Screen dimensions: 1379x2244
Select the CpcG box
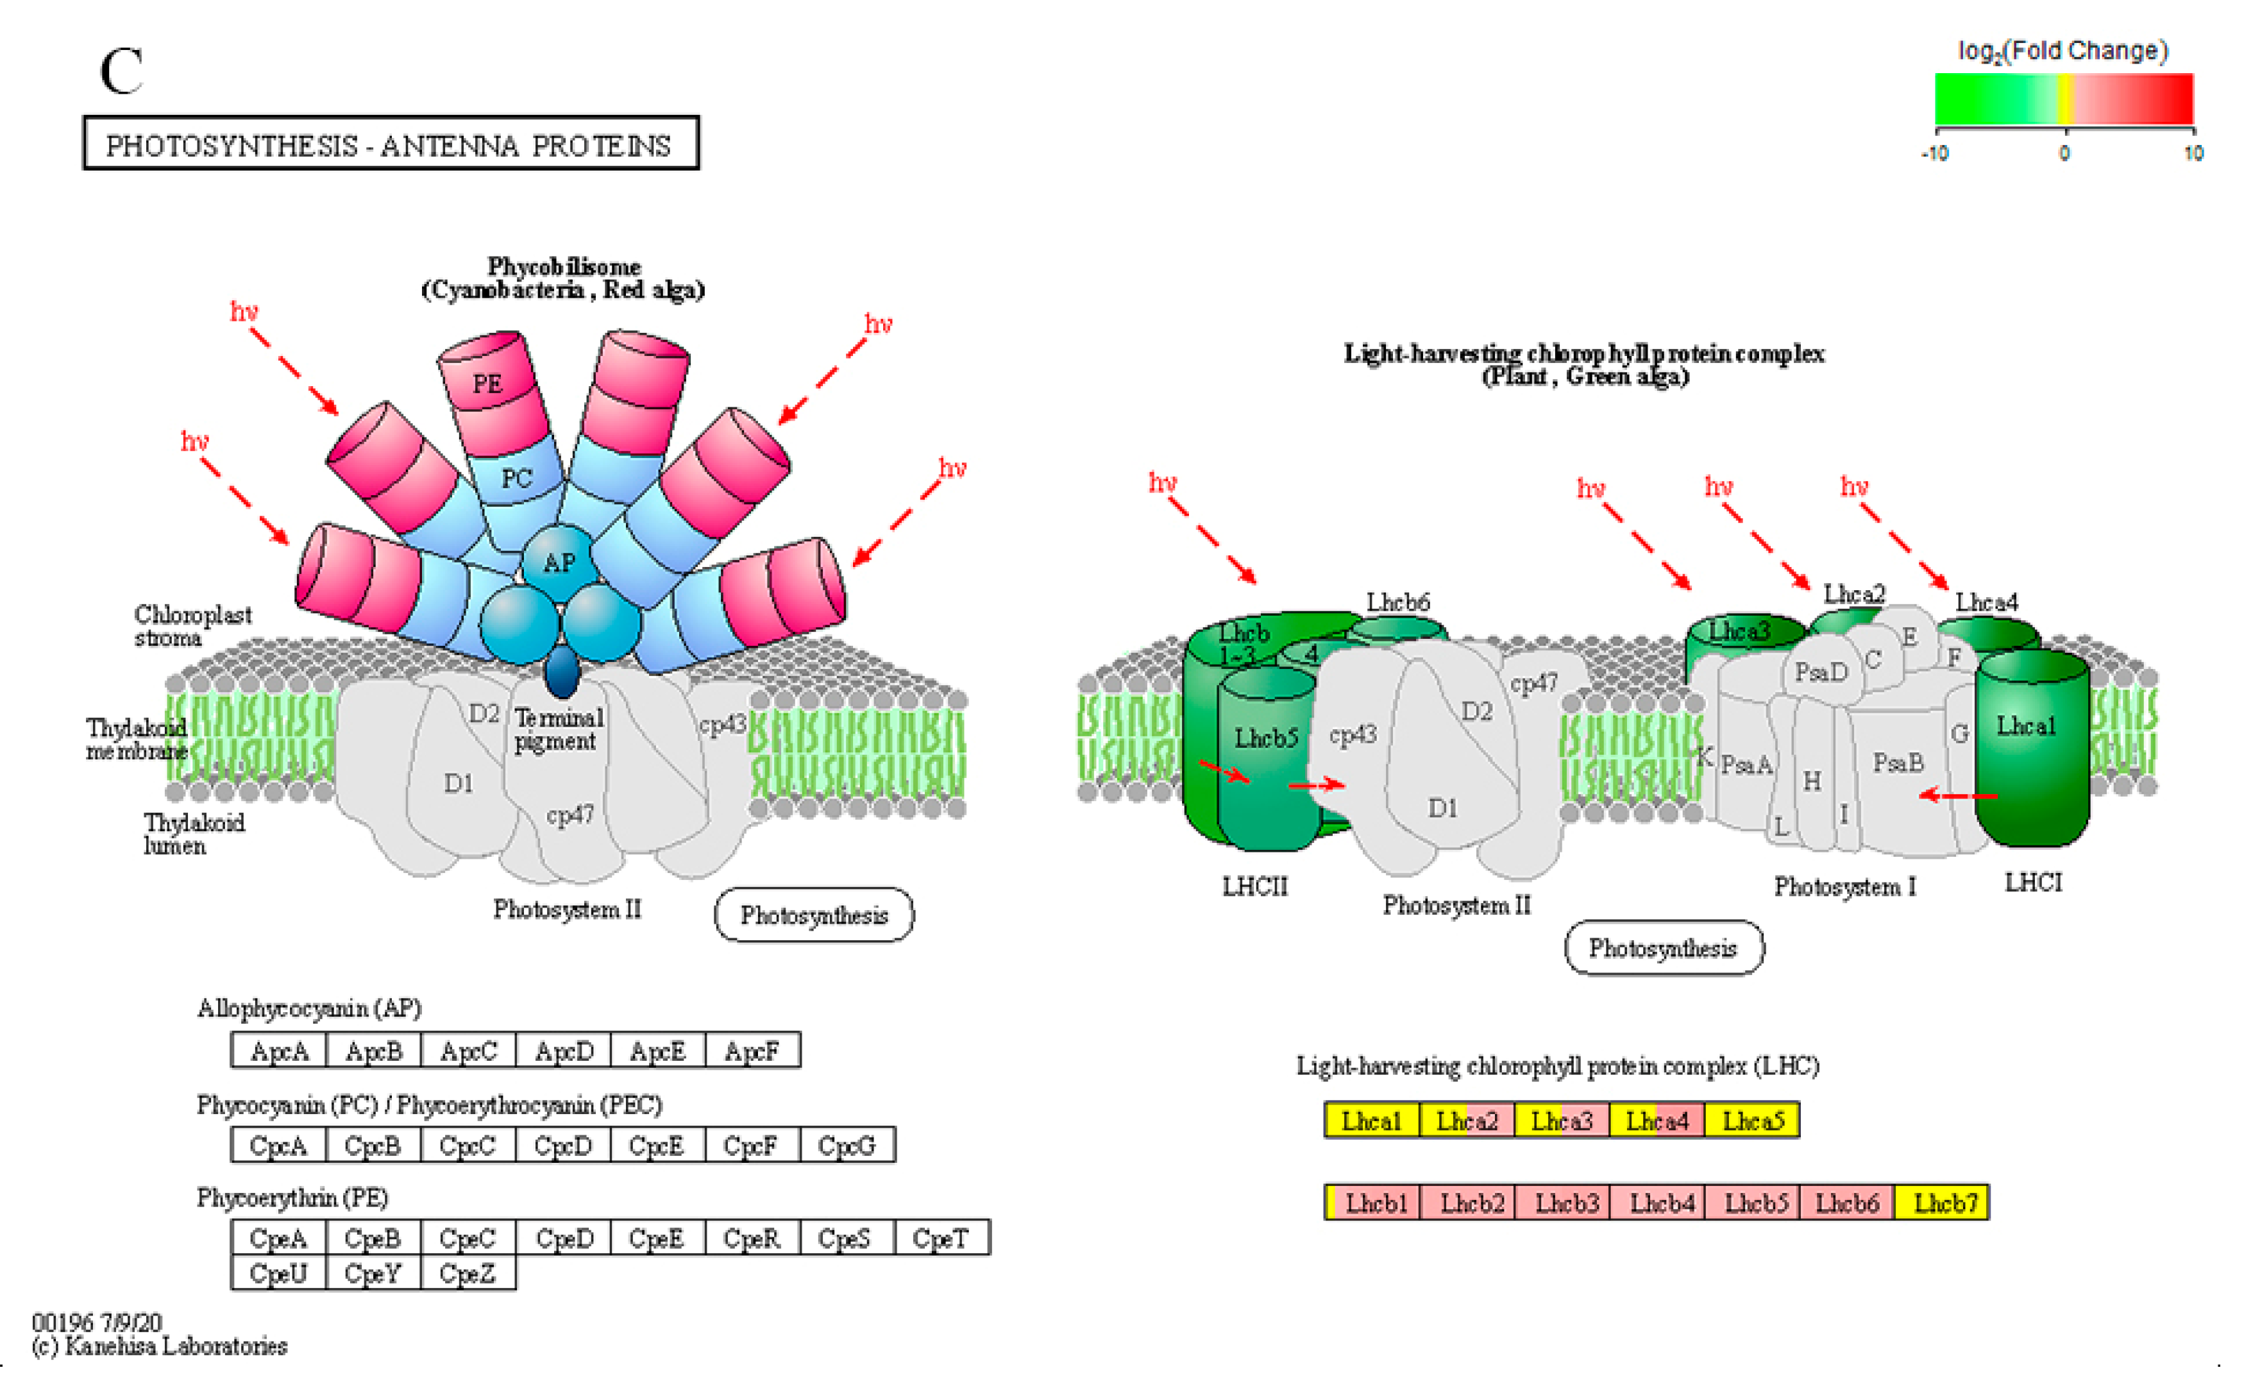coord(847,1146)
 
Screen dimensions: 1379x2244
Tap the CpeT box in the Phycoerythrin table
coord(940,1239)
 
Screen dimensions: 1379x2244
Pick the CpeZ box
coord(468,1273)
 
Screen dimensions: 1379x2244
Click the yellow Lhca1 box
coord(1371,1121)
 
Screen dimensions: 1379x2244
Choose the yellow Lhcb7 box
coord(1944,1204)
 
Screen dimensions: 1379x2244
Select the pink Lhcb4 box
coord(1661,1204)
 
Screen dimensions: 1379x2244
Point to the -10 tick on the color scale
coord(1936,153)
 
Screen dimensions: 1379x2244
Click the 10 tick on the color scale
coord(2193,153)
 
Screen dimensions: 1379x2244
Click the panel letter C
coord(121,72)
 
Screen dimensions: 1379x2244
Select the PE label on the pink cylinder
coord(487,384)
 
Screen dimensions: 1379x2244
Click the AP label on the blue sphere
coord(559,563)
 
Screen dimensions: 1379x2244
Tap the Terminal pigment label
coord(557,730)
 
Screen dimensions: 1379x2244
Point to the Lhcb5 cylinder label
coord(1265,738)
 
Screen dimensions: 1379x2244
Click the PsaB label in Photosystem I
coord(1898,763)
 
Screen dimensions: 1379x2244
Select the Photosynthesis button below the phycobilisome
coord(813,915)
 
